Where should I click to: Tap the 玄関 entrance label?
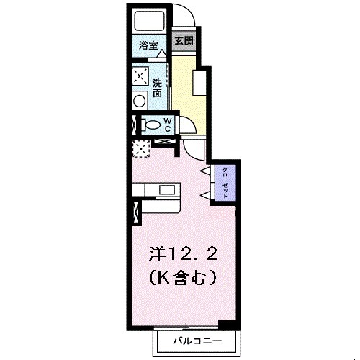pos(184,41)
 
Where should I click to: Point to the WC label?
pos(166,124)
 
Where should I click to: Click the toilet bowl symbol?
pos(150,125)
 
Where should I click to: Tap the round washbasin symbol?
pos(140,100)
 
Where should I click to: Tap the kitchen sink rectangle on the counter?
pos(167,190)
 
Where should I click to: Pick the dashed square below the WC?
pos(140,147)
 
